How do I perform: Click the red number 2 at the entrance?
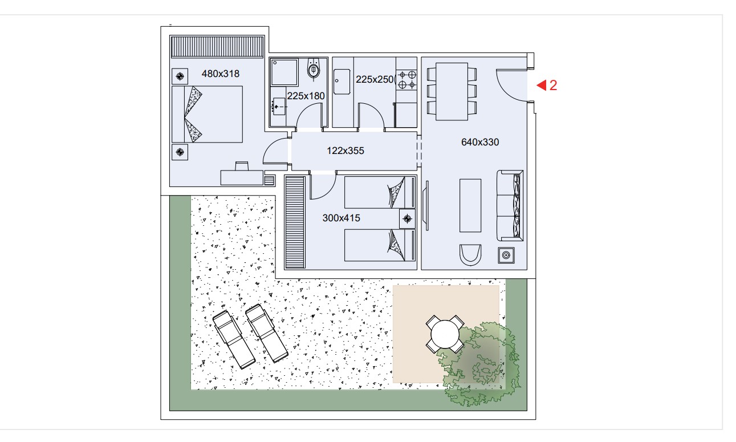pyautogui.click(x=554, y=86)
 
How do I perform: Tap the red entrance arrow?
pyautogui.click(x=542, y=86)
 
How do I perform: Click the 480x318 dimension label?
pyautogui.click(x=221, y=74)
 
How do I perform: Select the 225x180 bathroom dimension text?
pyautogui.click(x=306, y=96)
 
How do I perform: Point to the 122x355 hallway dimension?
pyautogui.click(x=345, y=151)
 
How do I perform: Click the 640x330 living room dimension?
pyautogui.click(x=480, y=142)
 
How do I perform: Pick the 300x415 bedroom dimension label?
pyautogui.click(x=341, y=218)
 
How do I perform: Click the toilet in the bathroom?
pyautogui.click(x=314, y=70)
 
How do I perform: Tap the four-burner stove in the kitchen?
pyautogui.click(x=407, y=80)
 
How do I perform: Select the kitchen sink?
pyautogui.click(x=341, y=82)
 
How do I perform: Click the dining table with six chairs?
pyautogui.click(x=452, y=91)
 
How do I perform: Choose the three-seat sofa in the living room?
pyautogui.click(x=510, y=205)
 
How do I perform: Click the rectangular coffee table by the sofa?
pyautogui.click(x=470, y=206)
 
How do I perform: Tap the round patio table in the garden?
pyautogui.click(x=445, y=334)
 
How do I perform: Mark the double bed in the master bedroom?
pyautogui.click(x=208, y=115)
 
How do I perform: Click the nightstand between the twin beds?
pyautogui.click(x=407, y=218)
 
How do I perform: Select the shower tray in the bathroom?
pyautogui.click(x=284, y=72)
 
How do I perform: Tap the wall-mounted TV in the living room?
pyautogui.click(x=426, y=206)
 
